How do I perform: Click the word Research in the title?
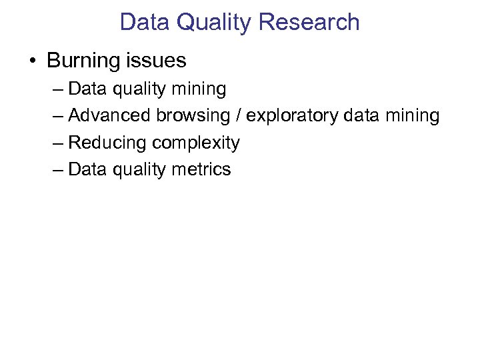click(309, 22)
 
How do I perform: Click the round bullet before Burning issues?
click(32, 61)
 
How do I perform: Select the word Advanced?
click(110, 116)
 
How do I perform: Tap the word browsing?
click(193, 116)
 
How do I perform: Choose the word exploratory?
click(292, 116)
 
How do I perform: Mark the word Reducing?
click(108, 143)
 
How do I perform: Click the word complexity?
click(195, 143)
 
